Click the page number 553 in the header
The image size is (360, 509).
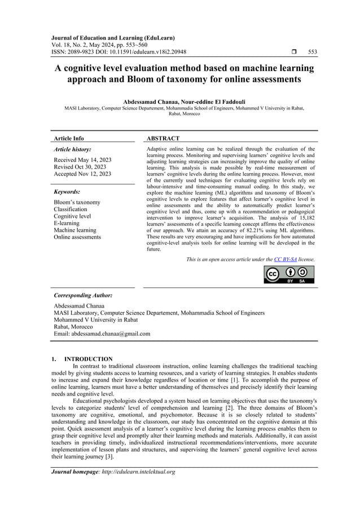click(x=312, y=52)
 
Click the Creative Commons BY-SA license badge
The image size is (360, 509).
click(x=289, y=274)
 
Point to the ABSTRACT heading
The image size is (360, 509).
click(x=163, y=138)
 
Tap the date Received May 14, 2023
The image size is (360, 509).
click(x=82, y=160)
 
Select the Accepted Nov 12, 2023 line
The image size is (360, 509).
click(x=82, y=174)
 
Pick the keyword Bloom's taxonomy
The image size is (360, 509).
click(x=77, y=203)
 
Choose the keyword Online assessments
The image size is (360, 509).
click(x=77, y=237)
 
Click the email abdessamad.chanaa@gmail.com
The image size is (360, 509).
click(x=111, y=334)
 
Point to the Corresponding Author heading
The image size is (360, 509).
click(x=82, y=295)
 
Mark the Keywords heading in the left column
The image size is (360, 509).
click(x=67, y=192)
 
